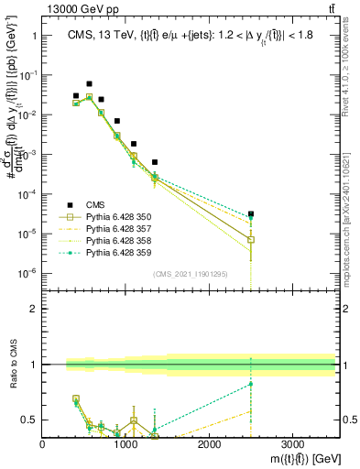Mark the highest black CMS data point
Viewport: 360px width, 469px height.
89,83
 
